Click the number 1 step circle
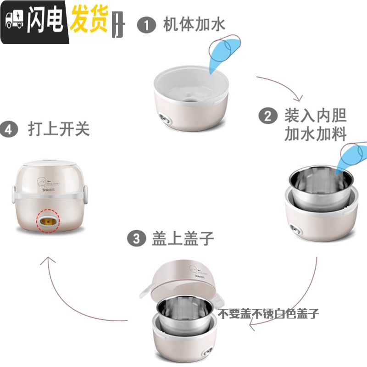coord(147,25)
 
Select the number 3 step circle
coord(135,239)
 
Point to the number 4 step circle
coord(8,129)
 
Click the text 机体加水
coord(195,25)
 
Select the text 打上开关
coord(58,129)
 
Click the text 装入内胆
coord(316,115)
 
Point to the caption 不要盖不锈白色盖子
coord(268,314)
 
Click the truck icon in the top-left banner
coord(15,21)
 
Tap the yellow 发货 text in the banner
coord(88,20)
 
